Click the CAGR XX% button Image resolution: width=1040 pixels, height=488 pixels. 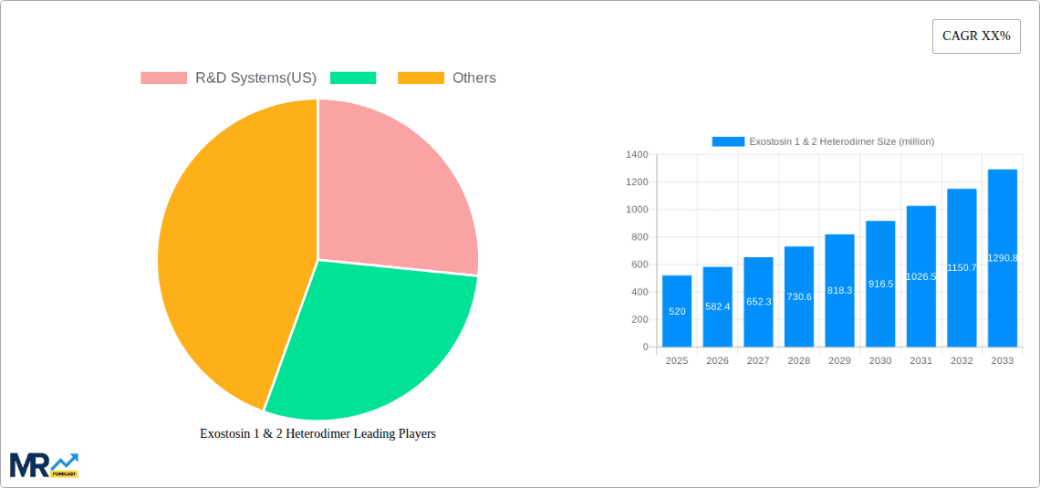coord(976,36)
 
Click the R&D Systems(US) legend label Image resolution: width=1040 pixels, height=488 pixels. coord(255,78)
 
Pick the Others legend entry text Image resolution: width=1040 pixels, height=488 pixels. coord(474,78)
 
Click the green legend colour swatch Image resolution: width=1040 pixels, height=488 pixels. coord(353,78)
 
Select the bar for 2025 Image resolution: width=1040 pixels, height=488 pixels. coord(677,311)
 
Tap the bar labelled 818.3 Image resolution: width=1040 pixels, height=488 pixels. coord(839,290)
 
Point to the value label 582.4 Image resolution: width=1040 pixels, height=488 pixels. coord(717,306)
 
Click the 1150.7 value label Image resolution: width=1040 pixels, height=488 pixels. coord(962,267)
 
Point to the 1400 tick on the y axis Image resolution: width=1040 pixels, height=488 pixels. coord(636,155)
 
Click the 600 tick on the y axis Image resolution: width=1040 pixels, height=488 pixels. coord(639,265)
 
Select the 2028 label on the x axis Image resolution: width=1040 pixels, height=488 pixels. coord(798,361)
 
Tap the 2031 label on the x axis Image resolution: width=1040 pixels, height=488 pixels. coord(920,361)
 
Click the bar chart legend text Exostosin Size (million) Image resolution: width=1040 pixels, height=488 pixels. coord(841,141)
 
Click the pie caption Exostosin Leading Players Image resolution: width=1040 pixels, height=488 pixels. coord(317,433)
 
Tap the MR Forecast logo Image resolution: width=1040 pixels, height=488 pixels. coord(44,465)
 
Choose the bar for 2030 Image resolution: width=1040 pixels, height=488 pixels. coord(880,284)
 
